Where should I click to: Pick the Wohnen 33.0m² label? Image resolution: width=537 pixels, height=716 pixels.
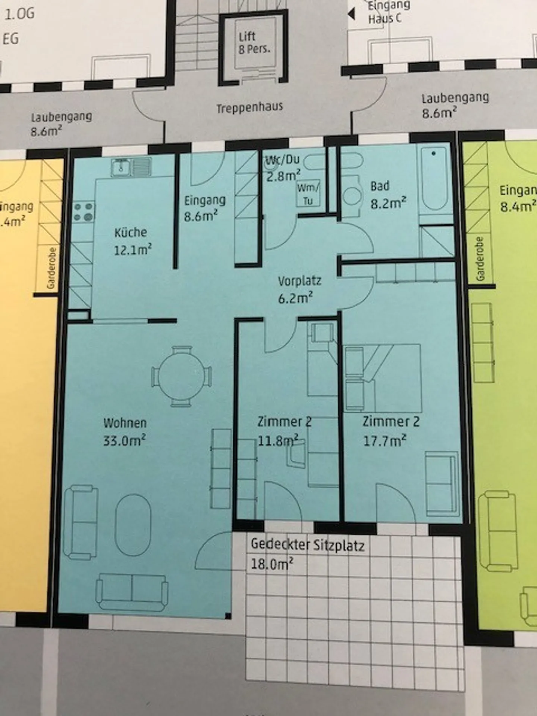125,431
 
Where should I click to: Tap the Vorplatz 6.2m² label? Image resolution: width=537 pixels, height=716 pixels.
299,289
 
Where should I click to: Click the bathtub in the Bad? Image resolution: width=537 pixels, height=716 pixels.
434,179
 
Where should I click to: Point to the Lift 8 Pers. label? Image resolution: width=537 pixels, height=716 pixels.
254,43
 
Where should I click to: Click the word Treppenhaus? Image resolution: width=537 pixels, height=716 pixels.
250,108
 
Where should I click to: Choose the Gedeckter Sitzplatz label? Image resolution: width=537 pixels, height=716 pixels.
307,545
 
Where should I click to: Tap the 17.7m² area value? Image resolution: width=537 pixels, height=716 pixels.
384,441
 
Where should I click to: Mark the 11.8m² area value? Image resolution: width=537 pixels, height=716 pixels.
278,440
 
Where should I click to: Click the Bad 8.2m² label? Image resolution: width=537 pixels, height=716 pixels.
388,195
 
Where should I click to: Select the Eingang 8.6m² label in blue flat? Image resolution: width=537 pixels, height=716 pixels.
205,208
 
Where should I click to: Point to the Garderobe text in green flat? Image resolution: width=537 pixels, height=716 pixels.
480,259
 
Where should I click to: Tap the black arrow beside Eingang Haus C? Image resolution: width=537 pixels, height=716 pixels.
351,14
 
